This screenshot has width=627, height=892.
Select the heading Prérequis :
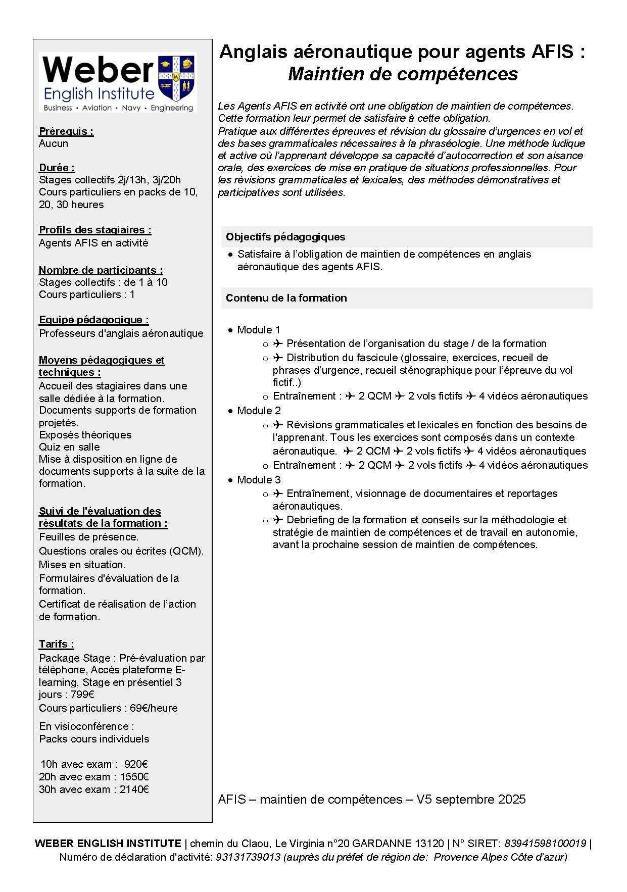tap(66, 131)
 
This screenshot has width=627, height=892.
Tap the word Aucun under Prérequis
tap(54, 143)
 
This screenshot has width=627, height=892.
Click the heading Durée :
tap(57, 168)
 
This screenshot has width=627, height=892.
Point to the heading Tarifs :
tap(56, 644)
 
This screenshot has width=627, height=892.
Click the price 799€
tap(82, 695)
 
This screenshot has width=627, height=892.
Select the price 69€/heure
tap(154, 708)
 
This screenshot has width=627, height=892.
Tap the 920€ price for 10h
tap(136, 764)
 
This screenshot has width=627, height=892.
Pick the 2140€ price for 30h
tap(134, 789)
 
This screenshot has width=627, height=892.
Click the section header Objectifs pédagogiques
tap(285, 237)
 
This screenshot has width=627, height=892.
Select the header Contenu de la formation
tap(286, 298)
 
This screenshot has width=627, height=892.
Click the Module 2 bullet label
tap(259, 411)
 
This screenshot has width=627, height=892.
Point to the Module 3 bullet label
tap(259, 480)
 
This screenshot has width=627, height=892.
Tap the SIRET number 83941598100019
tap(545, 844)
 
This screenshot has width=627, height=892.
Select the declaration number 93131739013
tap(248, 857)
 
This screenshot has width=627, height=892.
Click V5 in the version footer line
tap(424, 800)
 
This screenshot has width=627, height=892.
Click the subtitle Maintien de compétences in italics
tap(403, 74)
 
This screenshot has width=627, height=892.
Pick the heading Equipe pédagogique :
tap(93, 320)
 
